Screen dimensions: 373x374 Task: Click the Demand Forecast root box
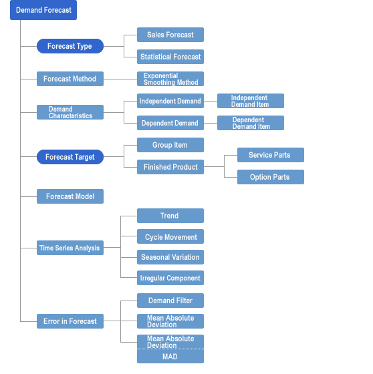click(x=43, y=10)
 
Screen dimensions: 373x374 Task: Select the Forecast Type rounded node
click(x=70, y=46)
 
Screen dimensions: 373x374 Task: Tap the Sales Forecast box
click(x=170, y=35)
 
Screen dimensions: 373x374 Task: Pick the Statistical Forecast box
click(x=170, y=57)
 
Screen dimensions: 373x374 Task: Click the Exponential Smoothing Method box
click(x=170, y=79)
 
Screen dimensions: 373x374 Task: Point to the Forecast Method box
click(x=70, y=79)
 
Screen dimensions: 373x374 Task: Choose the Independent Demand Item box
click(x=251, y=101)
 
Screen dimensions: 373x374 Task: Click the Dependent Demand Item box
click(x=251, y=123)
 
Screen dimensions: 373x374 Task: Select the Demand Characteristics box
click(x=70, y=112)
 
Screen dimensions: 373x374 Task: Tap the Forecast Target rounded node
click(x=70, y=157)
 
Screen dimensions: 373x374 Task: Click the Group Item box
click(x=170, y=145)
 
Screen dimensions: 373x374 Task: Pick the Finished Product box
click(x=170, y=167)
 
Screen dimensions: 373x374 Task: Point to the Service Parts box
click(x=271, y=155)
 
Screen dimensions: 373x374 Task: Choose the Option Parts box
click(x=271, y=177)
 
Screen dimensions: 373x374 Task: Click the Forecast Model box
click(x=70, y=196)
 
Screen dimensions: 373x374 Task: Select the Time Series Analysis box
click(x=70, y=248)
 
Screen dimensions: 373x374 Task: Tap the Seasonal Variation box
click(x=170, y=257)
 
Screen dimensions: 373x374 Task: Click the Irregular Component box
click(x=170, y=278)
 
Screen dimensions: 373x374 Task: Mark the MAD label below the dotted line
click(x=170, y=357)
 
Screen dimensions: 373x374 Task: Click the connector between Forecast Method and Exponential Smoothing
click(x=120, y=79)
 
